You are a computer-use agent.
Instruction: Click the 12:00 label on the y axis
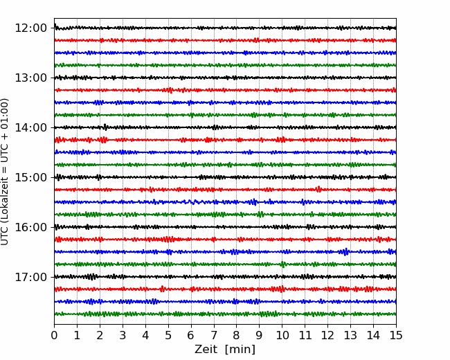(x=30, y=28)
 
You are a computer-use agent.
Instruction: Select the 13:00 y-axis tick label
(x=30, y=78)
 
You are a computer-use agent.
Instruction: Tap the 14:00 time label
(x=30, y=127)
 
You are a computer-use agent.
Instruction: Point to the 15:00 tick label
(x=30, y=177)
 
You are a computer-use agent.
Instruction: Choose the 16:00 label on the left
(x=30, y=227)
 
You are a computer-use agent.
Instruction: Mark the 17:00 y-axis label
(x=30, y=277)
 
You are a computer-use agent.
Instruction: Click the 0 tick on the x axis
(x=54, y=335)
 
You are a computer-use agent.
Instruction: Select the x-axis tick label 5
(x=168, y=335)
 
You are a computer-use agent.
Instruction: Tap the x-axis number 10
(x=282, y=335)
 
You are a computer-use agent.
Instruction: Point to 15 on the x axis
(x=396, y=335)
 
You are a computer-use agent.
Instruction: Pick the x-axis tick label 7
(x=214, y=335)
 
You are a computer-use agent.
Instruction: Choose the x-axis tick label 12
(x=327, y=335)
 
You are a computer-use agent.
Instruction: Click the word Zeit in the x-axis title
(x=206, y=349)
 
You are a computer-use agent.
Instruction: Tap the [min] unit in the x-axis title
(x=240, y=350)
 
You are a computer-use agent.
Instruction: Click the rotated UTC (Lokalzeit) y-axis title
(x=5, y=172)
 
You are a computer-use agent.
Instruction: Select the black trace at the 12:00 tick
(x=225, y=28)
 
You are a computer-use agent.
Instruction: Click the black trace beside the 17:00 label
(x=225, y=277)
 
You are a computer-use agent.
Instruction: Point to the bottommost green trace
(x=225, y=314)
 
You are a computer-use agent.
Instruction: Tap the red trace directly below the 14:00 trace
(x=225, y=140)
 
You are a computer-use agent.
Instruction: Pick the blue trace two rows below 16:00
(x=225, y=252)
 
